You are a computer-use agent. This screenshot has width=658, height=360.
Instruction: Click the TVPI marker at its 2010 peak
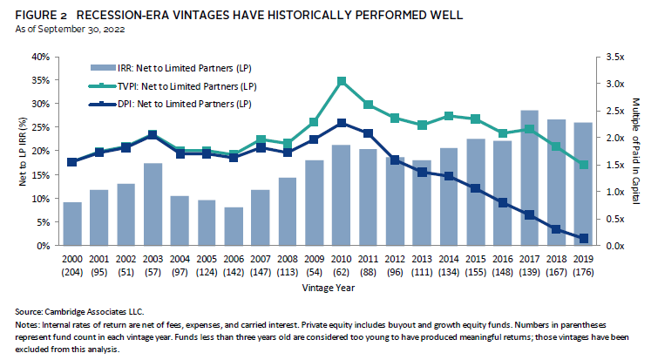(x=342, y=81)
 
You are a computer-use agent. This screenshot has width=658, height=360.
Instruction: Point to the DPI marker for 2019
(x=583, y=238)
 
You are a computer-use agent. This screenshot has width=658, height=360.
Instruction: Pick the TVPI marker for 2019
(x=583, y=165)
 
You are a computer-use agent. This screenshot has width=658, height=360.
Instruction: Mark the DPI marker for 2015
(x=475, y=187)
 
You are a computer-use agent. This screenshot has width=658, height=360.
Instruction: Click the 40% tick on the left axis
(x=39, y=57)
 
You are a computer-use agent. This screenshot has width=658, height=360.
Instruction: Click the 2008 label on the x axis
(x=288, y=260)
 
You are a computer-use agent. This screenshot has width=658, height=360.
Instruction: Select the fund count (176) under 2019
(x=583, y=271)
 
